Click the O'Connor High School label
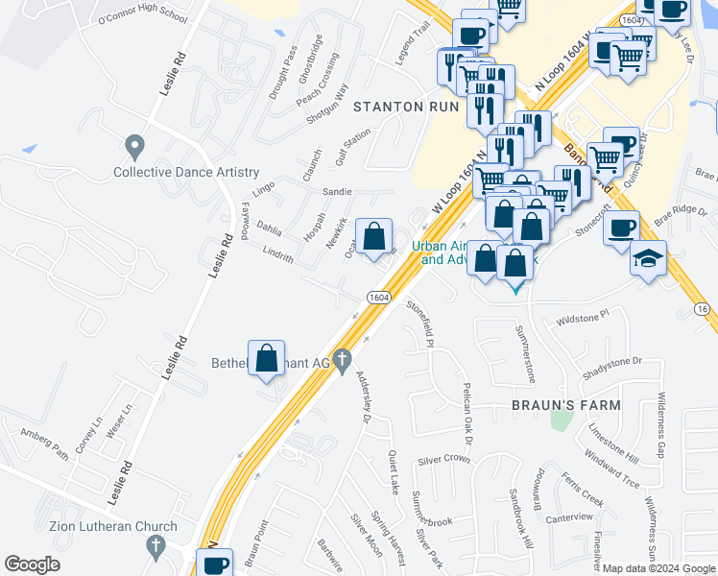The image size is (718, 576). click(x=143, y=17)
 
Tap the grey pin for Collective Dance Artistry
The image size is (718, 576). click(x=134, y=148)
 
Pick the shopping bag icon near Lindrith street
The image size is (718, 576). click(x=374, y=235)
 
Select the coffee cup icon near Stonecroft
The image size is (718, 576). click(x=621, y=228)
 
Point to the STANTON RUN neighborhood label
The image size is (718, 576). click(x=401, y=106)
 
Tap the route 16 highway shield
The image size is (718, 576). click(x=704, y=308)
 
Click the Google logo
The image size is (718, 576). click(x=32, y=564)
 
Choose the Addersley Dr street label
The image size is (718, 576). click(x=363, y=396)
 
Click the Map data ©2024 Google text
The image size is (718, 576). click(x=658, y=568)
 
